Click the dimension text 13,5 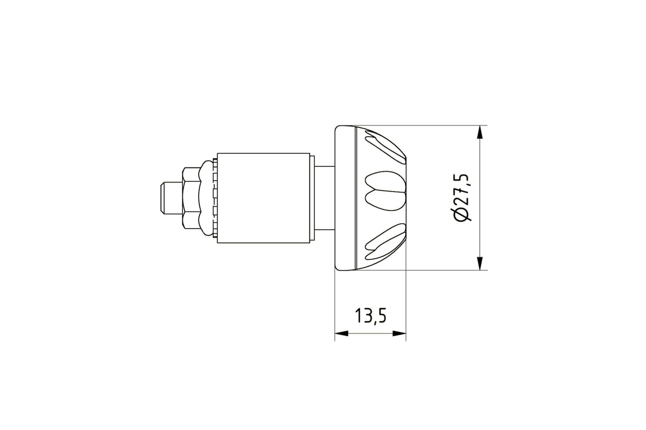[x=370, y=316]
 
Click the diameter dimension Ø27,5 [x=462, y=198]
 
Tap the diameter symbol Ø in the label [x=462, y=214]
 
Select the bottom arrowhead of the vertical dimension [x=480, y=263]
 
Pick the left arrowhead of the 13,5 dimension [x=341, y=334]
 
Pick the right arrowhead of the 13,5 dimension [x=399, y=334]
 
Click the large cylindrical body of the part [x=264, y=198]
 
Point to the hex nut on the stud [x=191, y=198]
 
